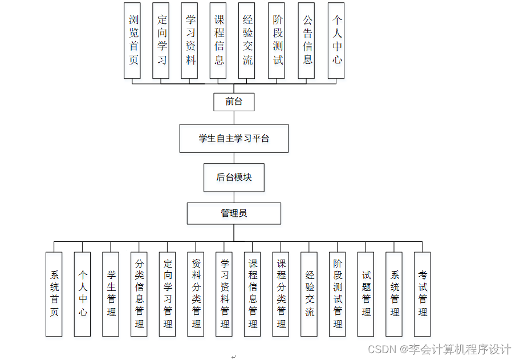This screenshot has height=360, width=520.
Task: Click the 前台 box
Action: click(x=234, y=102)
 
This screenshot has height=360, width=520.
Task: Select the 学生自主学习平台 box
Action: click(x=234, y=138)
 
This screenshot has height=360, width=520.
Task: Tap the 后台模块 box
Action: click(x=234, y=177)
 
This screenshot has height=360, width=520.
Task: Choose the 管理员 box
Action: click(x=234, y=213)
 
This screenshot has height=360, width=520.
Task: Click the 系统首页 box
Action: click(x=54, y=294)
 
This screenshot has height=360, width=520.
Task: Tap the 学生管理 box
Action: click(x=111, y=294)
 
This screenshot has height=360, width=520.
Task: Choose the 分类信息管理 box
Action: click(x=139, y=294)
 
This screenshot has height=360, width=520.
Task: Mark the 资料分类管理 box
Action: click(x=196, y=294)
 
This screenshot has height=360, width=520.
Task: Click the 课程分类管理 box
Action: click(x=281, y=294)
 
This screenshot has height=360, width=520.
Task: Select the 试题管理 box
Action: click(x=366, y=294)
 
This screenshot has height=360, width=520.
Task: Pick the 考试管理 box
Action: click(x=422, y=294)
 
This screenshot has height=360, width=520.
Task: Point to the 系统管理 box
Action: click(x=395, y=294)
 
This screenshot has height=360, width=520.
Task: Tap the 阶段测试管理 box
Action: click(x=338, y=294)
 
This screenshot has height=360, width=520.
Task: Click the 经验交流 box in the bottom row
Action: click(x=310, y=294)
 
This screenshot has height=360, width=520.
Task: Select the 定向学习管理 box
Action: click(x=168, y=294)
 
